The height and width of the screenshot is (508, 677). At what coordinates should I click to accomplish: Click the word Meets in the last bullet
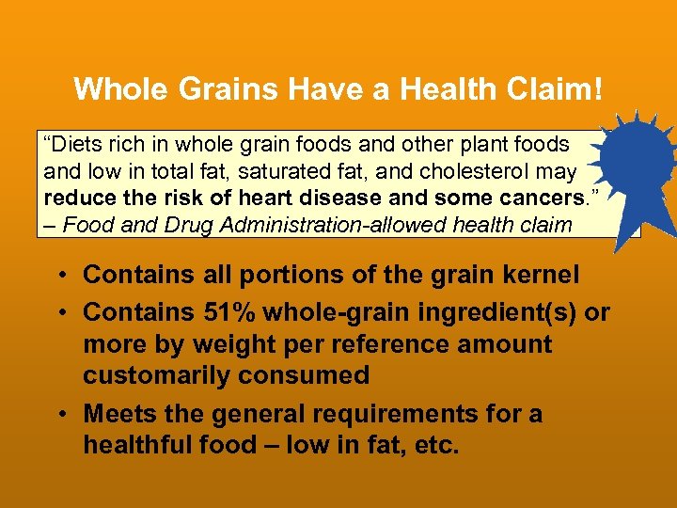pyautogui.click(x=115, y=415)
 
